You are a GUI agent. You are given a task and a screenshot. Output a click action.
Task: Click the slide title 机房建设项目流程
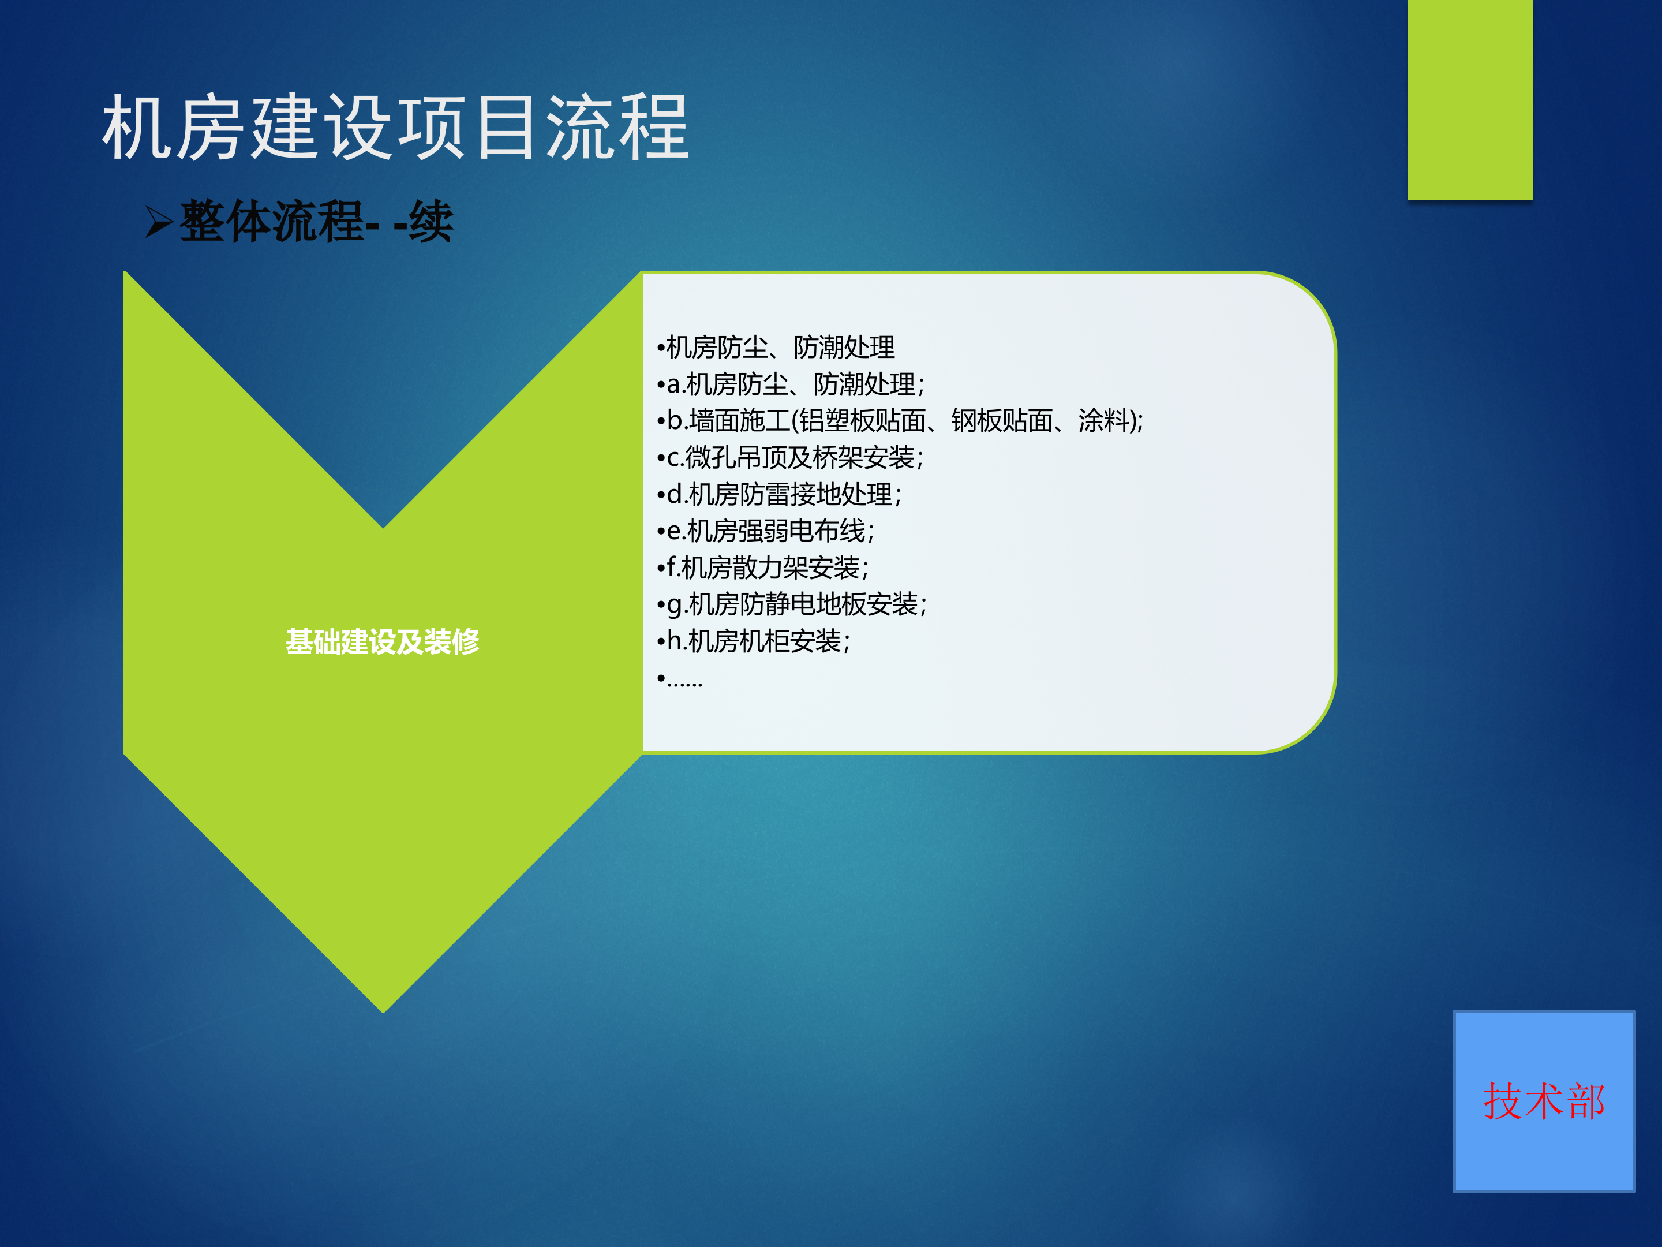(395, 128)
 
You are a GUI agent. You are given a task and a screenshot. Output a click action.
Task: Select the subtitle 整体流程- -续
(316, 222)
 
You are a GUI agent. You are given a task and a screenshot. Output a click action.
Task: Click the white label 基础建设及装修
(383, 642)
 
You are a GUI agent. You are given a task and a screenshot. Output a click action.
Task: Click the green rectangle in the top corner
(1470, 99)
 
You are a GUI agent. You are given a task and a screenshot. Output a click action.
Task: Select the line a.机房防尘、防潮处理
(791, 384)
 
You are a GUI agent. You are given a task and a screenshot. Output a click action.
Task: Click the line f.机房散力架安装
(763, 568)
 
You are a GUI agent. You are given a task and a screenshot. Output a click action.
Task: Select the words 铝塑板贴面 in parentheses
(862, 421)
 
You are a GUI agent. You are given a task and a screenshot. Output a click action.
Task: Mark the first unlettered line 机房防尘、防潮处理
(776, 348)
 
